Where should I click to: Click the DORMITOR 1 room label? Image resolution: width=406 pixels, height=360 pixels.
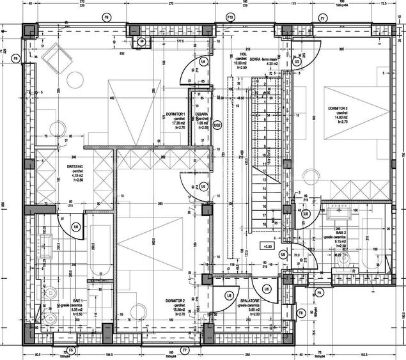(x=175, y=113)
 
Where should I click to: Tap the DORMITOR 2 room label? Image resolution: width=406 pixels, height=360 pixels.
(x=175, y=301)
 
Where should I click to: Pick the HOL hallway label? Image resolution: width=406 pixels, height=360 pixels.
(x=242, y=55)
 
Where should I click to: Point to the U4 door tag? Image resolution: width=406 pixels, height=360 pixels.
(x=203, y=61)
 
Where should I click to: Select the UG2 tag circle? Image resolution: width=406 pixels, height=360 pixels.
(x=217, y=125)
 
